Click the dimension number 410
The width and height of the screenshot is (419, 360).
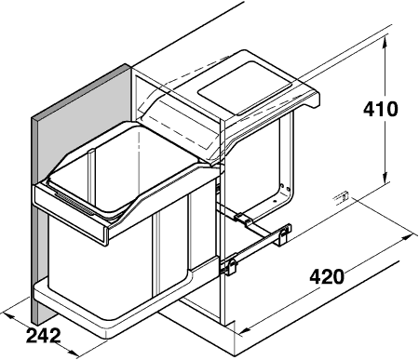pyautogui.click(x=380, y=109)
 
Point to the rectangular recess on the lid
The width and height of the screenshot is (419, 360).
pyautogui.click(x=237, y=87)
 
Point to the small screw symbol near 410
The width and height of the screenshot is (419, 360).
pyautogui.click(x=342, y=196)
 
